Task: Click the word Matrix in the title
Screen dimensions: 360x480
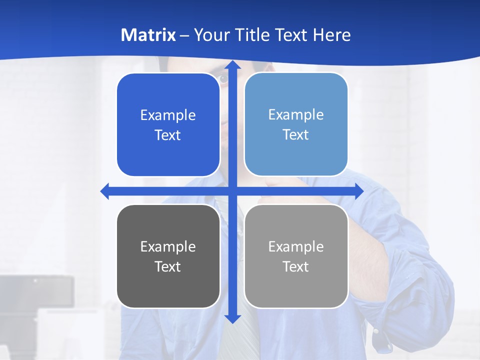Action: tap(148, 35)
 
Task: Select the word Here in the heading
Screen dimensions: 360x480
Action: tap(332, 35)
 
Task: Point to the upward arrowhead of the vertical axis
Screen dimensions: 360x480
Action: tap(232, 65)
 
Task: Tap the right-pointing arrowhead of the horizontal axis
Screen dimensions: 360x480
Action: tap(358, 191)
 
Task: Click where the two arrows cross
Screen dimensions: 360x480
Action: tap(232, 191)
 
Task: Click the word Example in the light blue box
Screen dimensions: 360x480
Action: tap(296, 114)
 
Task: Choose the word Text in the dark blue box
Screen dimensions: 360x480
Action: tap(167, 135)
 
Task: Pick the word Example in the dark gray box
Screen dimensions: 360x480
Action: tap(168, 246)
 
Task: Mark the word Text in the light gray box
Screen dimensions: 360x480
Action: tap(296, 267)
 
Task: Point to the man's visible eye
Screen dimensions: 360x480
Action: tap(222, 78)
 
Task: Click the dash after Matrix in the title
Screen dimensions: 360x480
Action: tap(184, 35)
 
